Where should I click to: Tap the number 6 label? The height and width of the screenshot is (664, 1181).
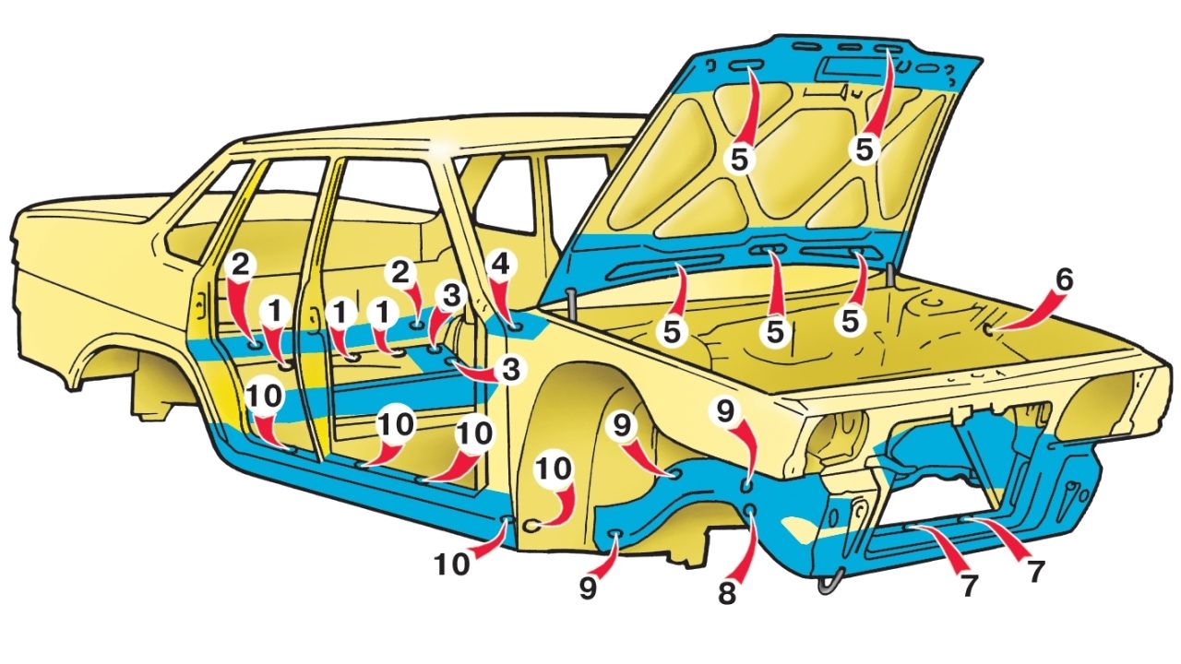(1064, 279)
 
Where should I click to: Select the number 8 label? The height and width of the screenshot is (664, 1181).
(726, 594)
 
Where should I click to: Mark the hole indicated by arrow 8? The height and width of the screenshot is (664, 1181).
(751, 510)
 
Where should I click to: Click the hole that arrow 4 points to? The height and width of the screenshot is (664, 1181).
(515, 327)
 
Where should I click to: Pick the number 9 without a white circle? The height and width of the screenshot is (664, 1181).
(589, 588)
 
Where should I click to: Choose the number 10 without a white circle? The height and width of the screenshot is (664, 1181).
(452, 564)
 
